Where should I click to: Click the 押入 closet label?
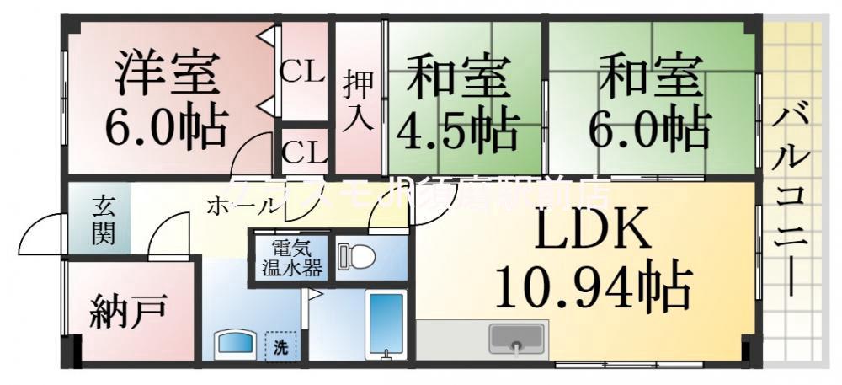357,99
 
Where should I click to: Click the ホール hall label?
241,205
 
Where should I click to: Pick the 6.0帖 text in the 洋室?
166,126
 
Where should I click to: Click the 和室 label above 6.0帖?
649,76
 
